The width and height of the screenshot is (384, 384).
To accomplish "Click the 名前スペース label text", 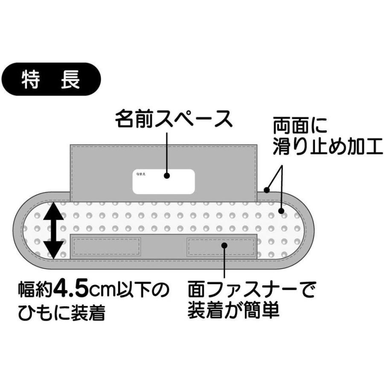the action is [174, 120].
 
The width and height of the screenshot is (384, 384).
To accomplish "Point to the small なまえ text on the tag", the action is [141, 175].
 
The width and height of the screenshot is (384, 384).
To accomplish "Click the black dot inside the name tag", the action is [167, 175].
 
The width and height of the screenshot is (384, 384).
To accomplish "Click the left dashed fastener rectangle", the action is [107, 246].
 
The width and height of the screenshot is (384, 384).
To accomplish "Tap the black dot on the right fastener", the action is [224, 244].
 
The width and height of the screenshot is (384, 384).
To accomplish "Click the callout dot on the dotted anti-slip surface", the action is [281, 210].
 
